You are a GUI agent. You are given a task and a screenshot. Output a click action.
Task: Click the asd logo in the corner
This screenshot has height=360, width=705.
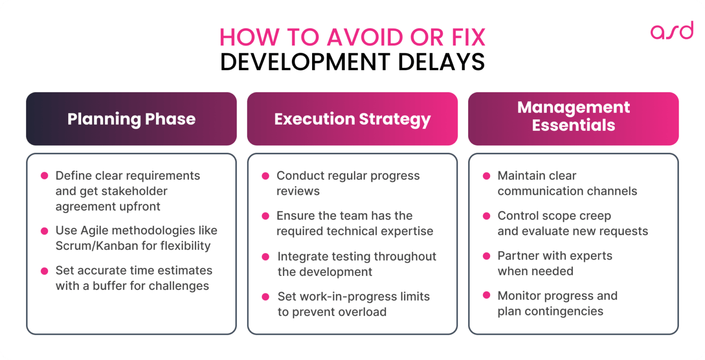671,30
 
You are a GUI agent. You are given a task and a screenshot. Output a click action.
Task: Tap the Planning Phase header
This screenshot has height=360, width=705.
131,119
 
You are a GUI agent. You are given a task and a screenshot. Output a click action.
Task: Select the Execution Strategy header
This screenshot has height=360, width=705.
352,119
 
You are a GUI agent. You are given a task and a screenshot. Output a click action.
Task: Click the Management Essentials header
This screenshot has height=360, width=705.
573,116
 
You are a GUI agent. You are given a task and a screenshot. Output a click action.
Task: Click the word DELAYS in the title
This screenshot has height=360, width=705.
441,62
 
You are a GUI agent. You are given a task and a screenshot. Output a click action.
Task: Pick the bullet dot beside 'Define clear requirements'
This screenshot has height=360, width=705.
45,176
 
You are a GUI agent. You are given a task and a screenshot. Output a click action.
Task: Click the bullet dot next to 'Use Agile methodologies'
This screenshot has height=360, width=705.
45,231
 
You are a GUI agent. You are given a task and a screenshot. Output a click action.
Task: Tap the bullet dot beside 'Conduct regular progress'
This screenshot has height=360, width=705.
265,176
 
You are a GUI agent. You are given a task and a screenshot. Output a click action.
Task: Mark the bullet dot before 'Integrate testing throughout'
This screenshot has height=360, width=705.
265,257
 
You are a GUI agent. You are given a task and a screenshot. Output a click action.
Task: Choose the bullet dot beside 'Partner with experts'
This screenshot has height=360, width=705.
487,256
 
